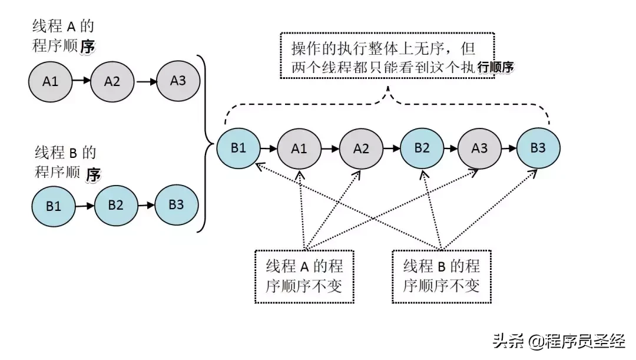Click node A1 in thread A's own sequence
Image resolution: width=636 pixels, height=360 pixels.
[x=51, y=81]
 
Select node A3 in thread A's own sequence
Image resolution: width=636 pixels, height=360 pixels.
[x=178, y=80]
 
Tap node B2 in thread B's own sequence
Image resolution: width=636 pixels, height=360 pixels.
[x=116, y=206]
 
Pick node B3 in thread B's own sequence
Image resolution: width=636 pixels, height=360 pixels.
[x=176, y=204]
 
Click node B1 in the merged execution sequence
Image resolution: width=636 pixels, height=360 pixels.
[x=238, y=147]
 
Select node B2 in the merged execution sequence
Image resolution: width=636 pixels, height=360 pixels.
[x=422, y=148]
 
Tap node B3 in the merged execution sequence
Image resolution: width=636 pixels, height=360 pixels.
[x=538, y=147]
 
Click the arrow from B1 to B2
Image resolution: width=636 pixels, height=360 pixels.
[x=86, y=206]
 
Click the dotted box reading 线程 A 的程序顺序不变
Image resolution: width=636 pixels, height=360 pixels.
[x=304, y=276]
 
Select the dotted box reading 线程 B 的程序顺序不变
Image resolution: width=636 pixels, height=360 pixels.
[x=442, y=276]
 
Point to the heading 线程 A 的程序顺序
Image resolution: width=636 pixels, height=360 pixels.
[x=64, y=37]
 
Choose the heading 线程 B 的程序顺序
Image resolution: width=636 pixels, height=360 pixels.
[x=65, y=163]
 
